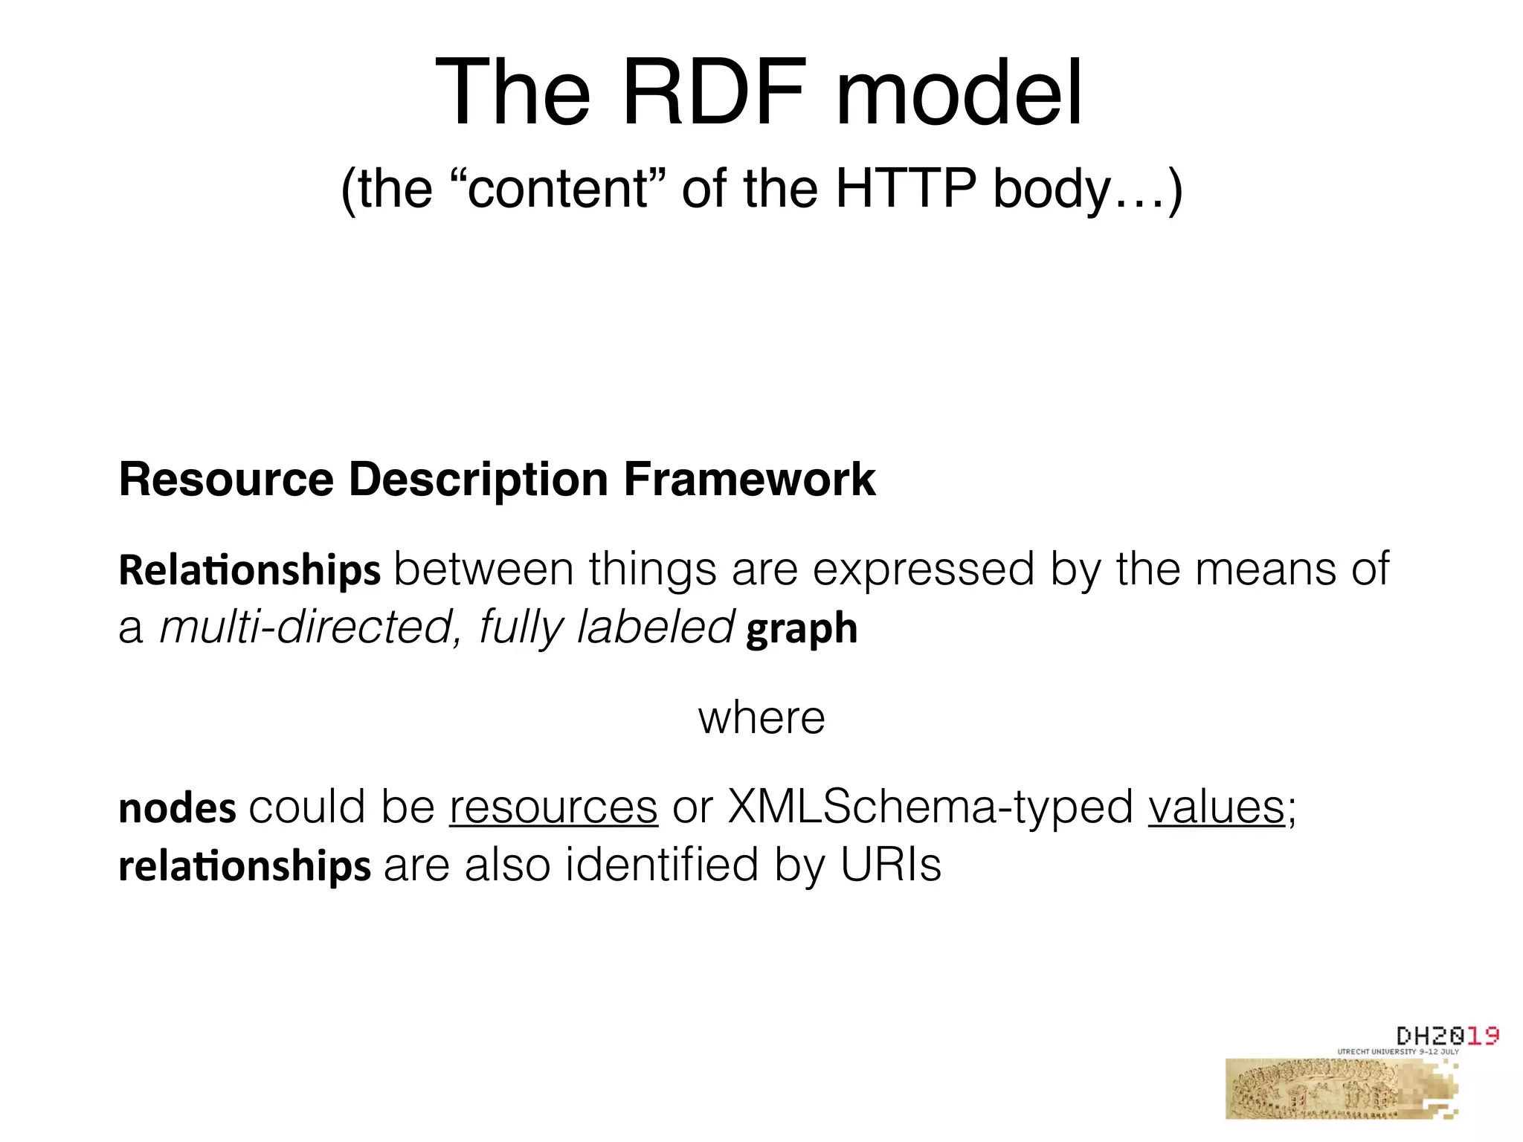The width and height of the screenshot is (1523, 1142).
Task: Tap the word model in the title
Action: [959, 93]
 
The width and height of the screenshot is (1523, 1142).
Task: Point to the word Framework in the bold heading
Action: [749, 479]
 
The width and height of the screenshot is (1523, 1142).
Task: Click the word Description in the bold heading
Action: [477, 479]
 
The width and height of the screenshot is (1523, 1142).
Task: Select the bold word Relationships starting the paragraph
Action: [250, 570]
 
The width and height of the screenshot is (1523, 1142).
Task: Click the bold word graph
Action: [802, 629]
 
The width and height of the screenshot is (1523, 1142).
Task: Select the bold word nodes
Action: [177, 808]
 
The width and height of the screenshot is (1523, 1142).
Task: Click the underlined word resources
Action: [553, 807]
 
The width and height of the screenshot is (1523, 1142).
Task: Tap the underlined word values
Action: [1216, 807]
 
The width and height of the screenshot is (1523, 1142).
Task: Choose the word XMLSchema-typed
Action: [930, 807]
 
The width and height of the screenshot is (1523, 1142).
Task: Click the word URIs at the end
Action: [891, 865]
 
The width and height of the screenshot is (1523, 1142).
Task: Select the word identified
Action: [661, 865]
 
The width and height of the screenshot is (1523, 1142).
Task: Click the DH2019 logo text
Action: [1447, 1036]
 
